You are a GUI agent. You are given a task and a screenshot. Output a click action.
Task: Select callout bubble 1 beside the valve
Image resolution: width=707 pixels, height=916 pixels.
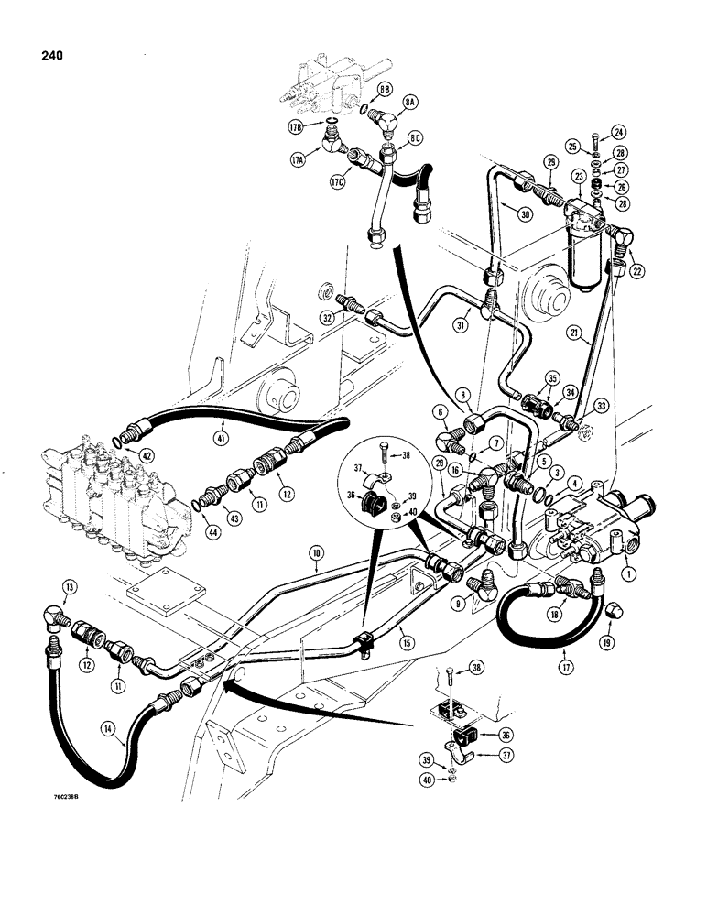[628, 576]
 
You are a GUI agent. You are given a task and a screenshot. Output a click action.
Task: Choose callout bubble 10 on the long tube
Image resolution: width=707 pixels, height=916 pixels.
[315, 554]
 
